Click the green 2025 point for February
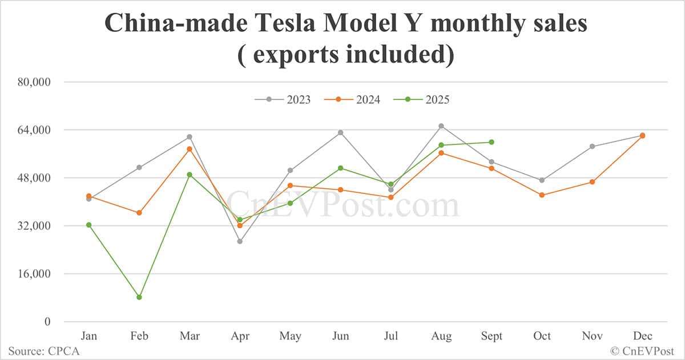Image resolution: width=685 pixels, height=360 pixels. pos(139,297)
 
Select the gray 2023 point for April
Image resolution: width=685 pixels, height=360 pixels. pos(240,241)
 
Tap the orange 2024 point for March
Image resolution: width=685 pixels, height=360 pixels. pos(190,149)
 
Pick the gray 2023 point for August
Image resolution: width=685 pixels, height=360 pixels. pos(441,126)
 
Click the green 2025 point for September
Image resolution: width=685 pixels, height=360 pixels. pos(491,142)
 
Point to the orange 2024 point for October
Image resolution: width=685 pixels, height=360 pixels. pos(542,195)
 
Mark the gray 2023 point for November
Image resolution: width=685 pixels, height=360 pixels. pos(592,147)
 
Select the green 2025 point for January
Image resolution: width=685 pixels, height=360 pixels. pos(89,225)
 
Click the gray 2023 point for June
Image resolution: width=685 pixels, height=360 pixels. pos(341,132)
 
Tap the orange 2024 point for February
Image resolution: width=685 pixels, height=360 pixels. pos(139,213)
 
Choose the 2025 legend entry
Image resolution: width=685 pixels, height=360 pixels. pos(422,100)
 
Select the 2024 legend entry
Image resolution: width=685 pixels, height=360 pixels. pos(352,100)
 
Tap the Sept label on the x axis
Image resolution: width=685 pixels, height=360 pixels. pos(491,336)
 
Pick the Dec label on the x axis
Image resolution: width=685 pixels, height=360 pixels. pos(642,336)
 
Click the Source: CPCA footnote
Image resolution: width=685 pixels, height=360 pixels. pos(44,351)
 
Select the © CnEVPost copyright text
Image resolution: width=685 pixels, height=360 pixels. pos(642,351)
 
